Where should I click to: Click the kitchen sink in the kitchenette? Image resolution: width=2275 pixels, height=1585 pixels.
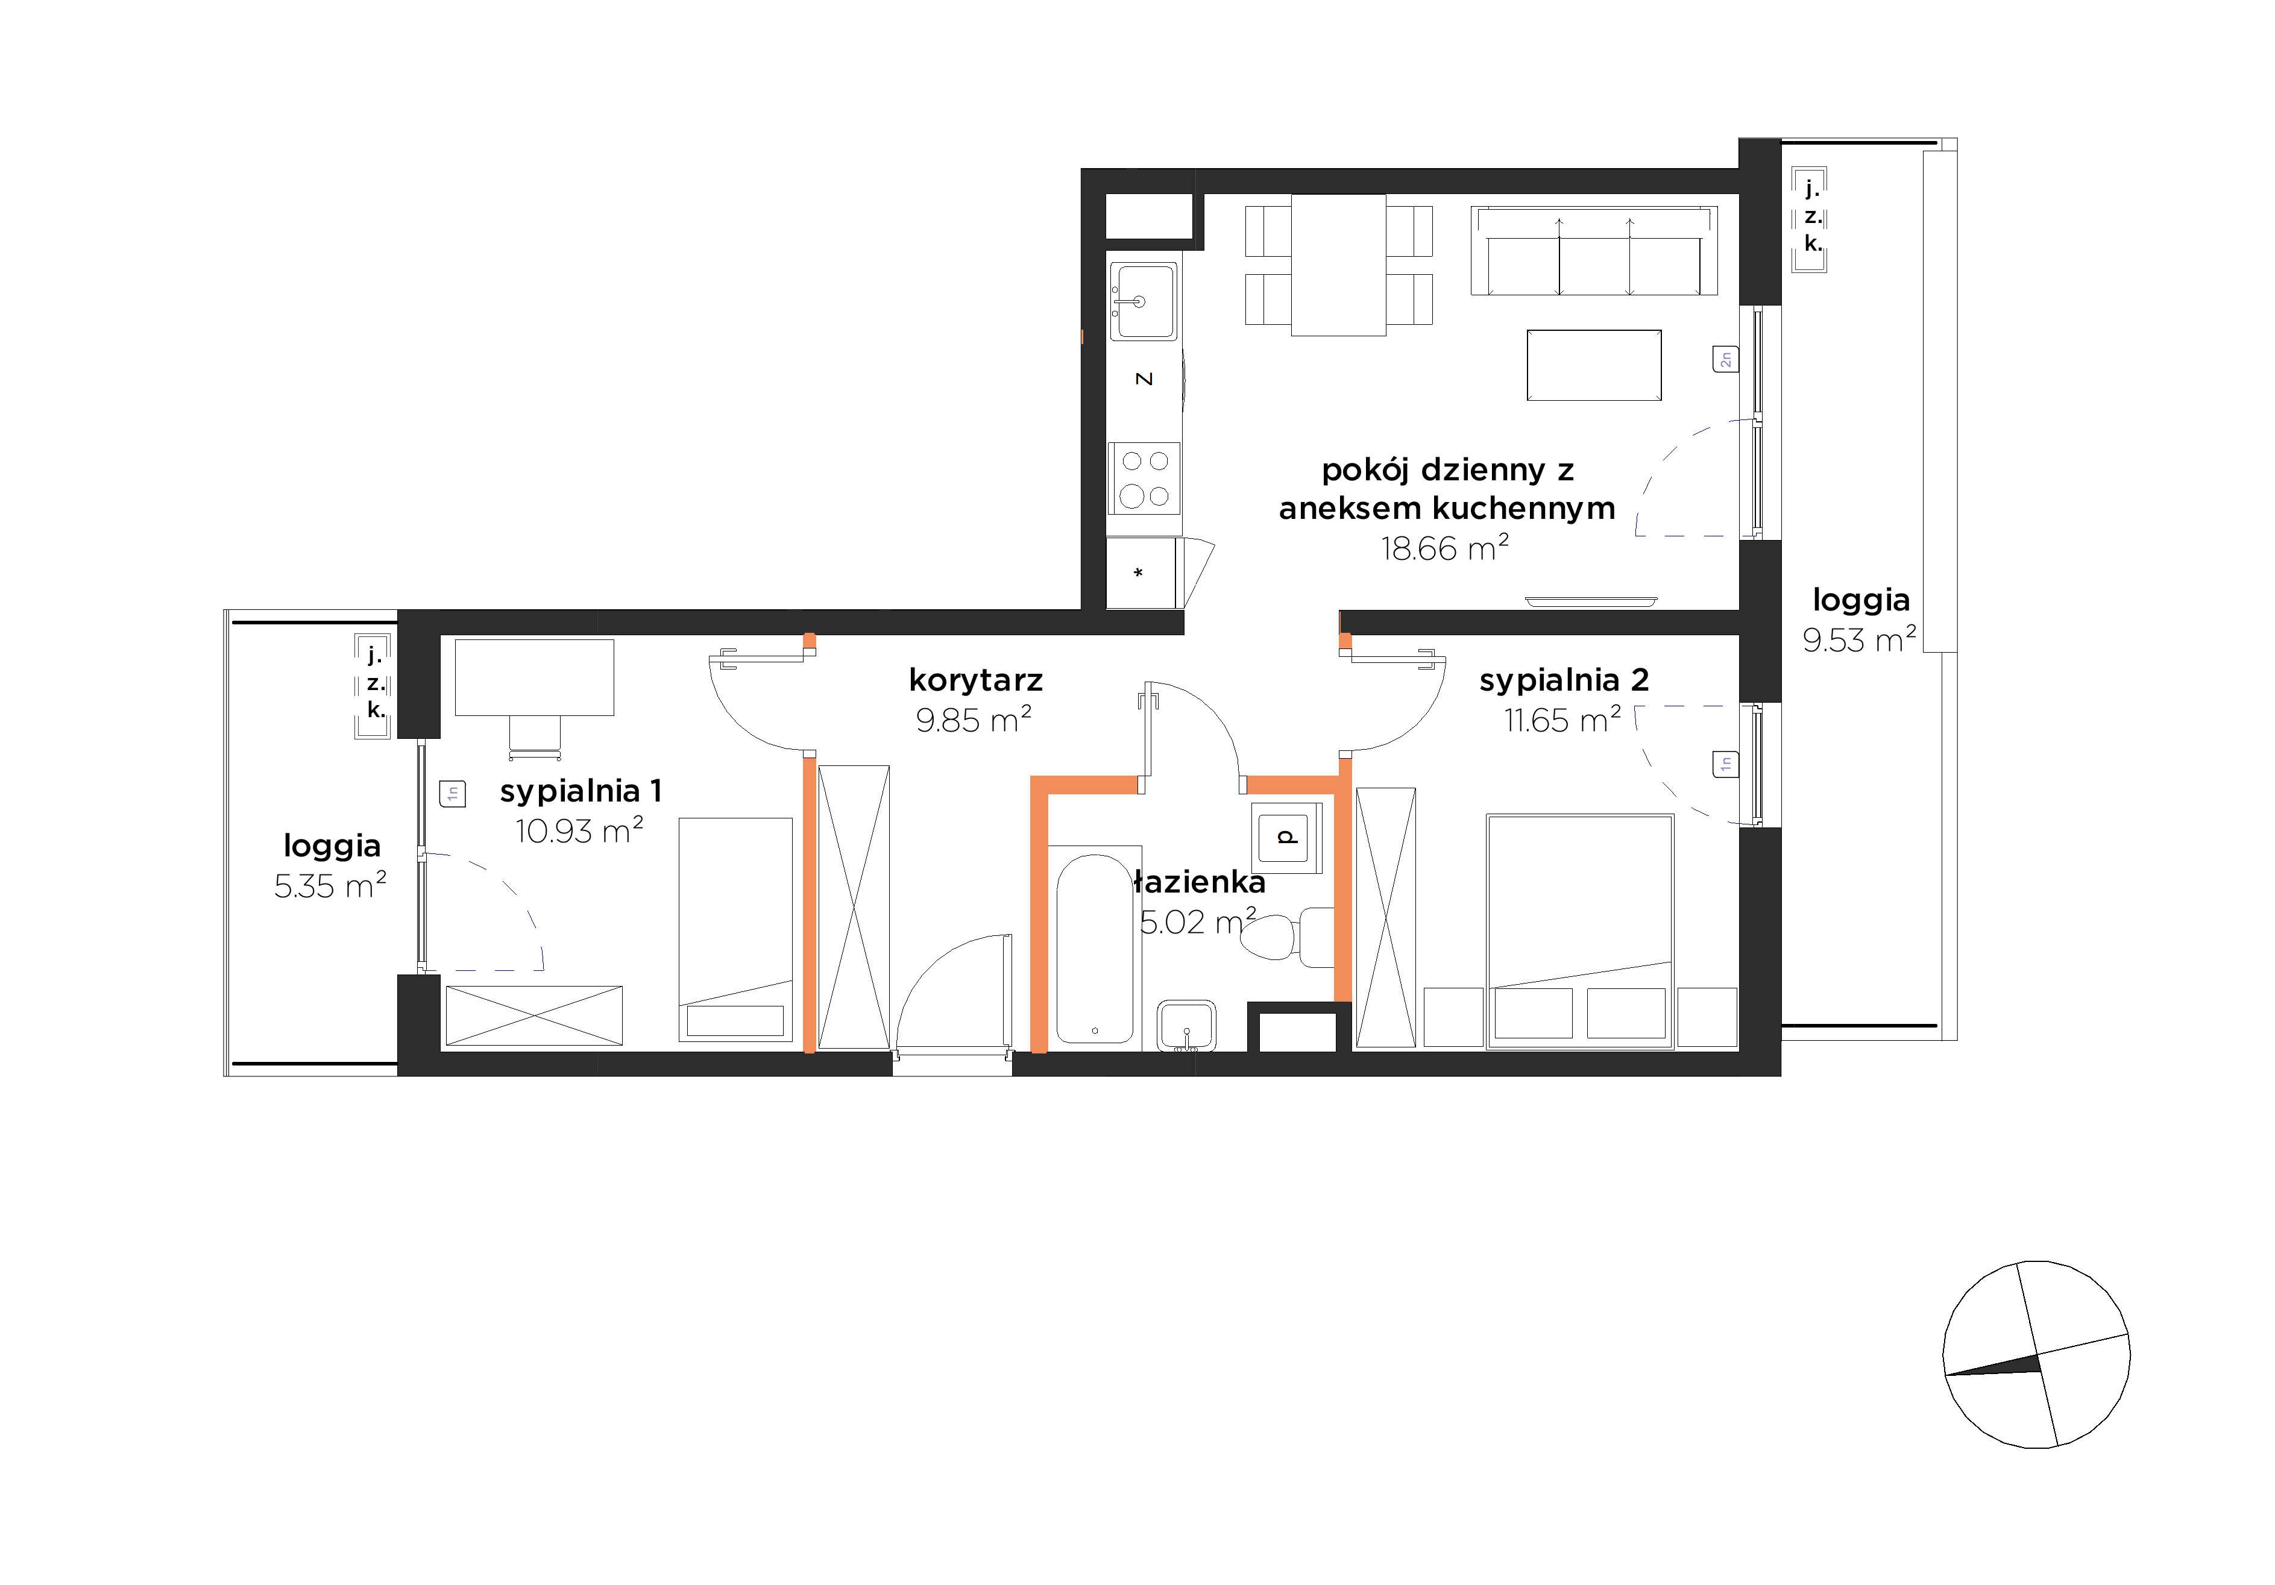tap(1144, 301)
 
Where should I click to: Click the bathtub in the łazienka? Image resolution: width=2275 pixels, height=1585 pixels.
tap(1094, 948)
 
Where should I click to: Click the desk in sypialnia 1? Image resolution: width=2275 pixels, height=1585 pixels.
tap(534, 677)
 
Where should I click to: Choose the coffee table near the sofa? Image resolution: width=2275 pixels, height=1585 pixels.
tap(1594, 366)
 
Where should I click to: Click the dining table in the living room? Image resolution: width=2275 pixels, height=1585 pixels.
tap(1339, 266)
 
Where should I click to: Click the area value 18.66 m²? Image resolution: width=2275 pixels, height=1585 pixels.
tap(1446, 548)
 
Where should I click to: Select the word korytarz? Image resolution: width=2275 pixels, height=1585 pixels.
tap(976, 680)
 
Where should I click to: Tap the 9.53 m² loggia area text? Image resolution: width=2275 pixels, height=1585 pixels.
tap(1860, 640)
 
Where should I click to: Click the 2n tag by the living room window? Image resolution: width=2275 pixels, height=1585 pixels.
tap(1725, 359)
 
